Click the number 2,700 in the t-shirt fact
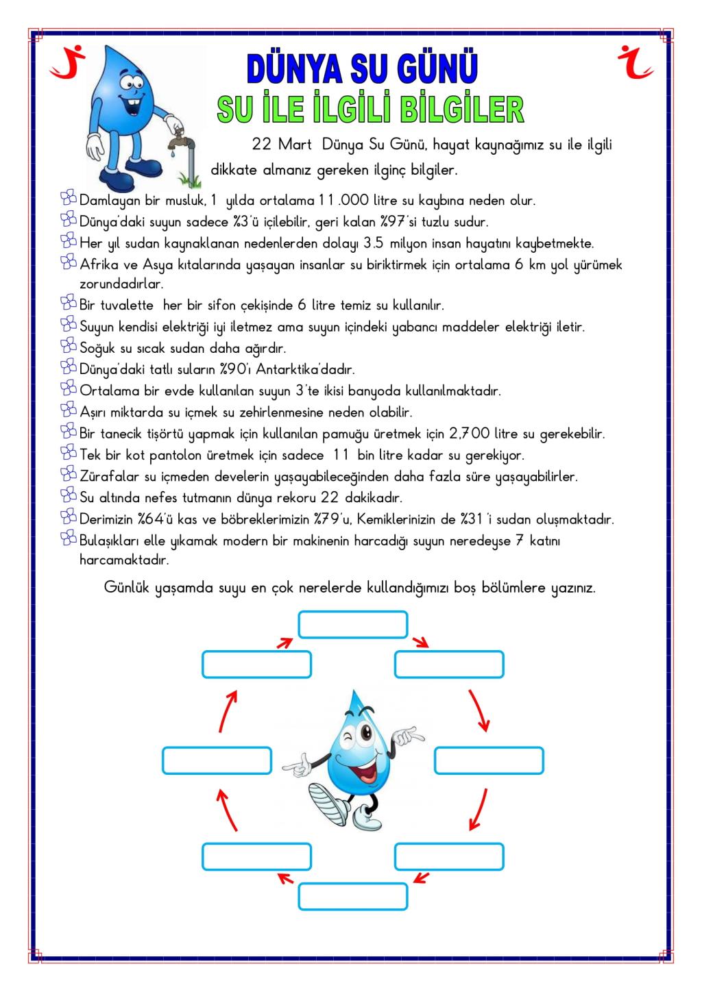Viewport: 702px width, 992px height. tap(470, 434)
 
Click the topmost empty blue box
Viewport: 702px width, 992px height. tap(352, 624)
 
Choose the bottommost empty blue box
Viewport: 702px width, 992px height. tap(352, 896)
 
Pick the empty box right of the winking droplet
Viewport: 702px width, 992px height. tap(489, 760)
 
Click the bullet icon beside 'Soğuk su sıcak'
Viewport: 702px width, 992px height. tap(69, 347)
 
